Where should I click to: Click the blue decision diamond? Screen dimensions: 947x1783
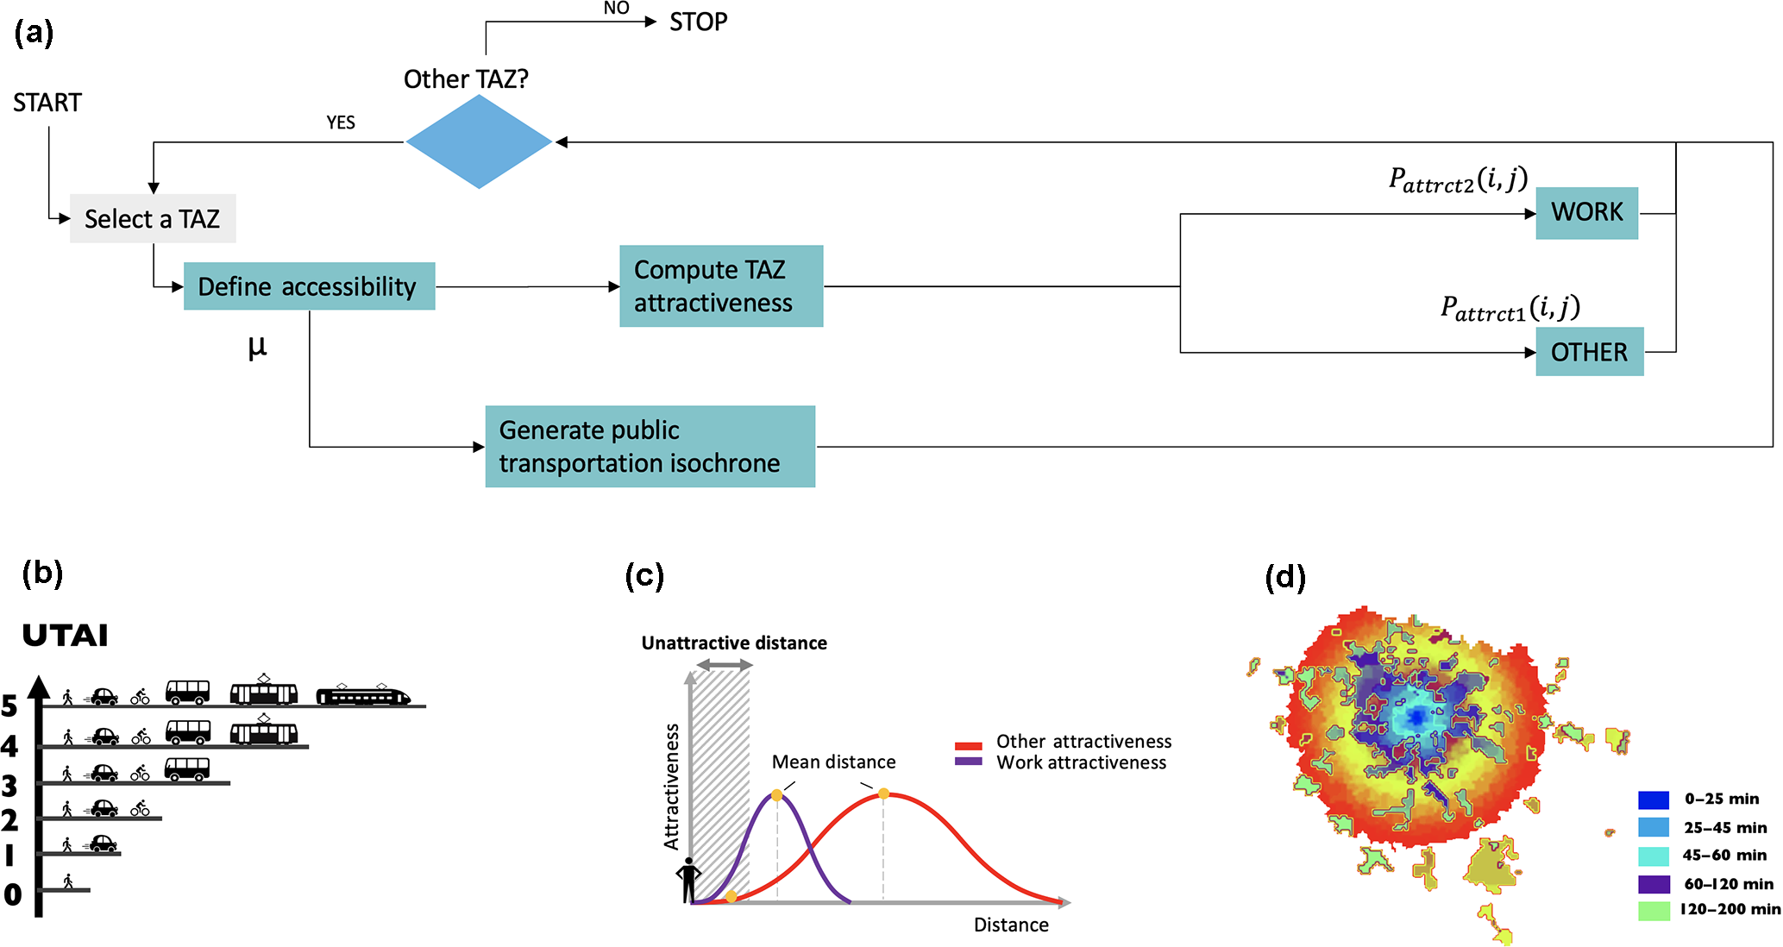(479, 141)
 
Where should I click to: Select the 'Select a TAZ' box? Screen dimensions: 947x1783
(153, 219)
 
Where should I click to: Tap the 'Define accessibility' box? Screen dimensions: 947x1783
(309, 286)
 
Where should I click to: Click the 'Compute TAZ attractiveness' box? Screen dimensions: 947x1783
(721, 286)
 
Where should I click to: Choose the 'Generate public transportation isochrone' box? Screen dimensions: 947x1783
(650, 447)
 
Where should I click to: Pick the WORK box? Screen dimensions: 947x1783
(1586, 212)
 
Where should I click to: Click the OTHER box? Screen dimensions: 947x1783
(1589, 352)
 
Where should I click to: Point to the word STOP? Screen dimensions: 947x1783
(698, 22)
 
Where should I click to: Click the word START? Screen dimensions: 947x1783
(47, 103)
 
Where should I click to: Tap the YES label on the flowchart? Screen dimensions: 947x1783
(341, 122)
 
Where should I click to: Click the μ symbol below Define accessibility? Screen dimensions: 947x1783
(257, 347)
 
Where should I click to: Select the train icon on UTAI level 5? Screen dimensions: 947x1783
(363, 695)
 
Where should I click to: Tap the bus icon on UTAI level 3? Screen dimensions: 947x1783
(187, 768)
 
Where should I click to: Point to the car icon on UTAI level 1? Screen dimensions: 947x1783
(104, 844)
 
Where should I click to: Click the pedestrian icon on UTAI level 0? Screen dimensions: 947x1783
(67, 881)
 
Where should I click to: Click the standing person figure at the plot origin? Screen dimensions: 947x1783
(688, 881)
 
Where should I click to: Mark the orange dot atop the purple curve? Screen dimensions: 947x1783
(777, 795)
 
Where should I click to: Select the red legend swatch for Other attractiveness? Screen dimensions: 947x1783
(969, 745)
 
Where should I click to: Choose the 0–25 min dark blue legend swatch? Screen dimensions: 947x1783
(1654, 800)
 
